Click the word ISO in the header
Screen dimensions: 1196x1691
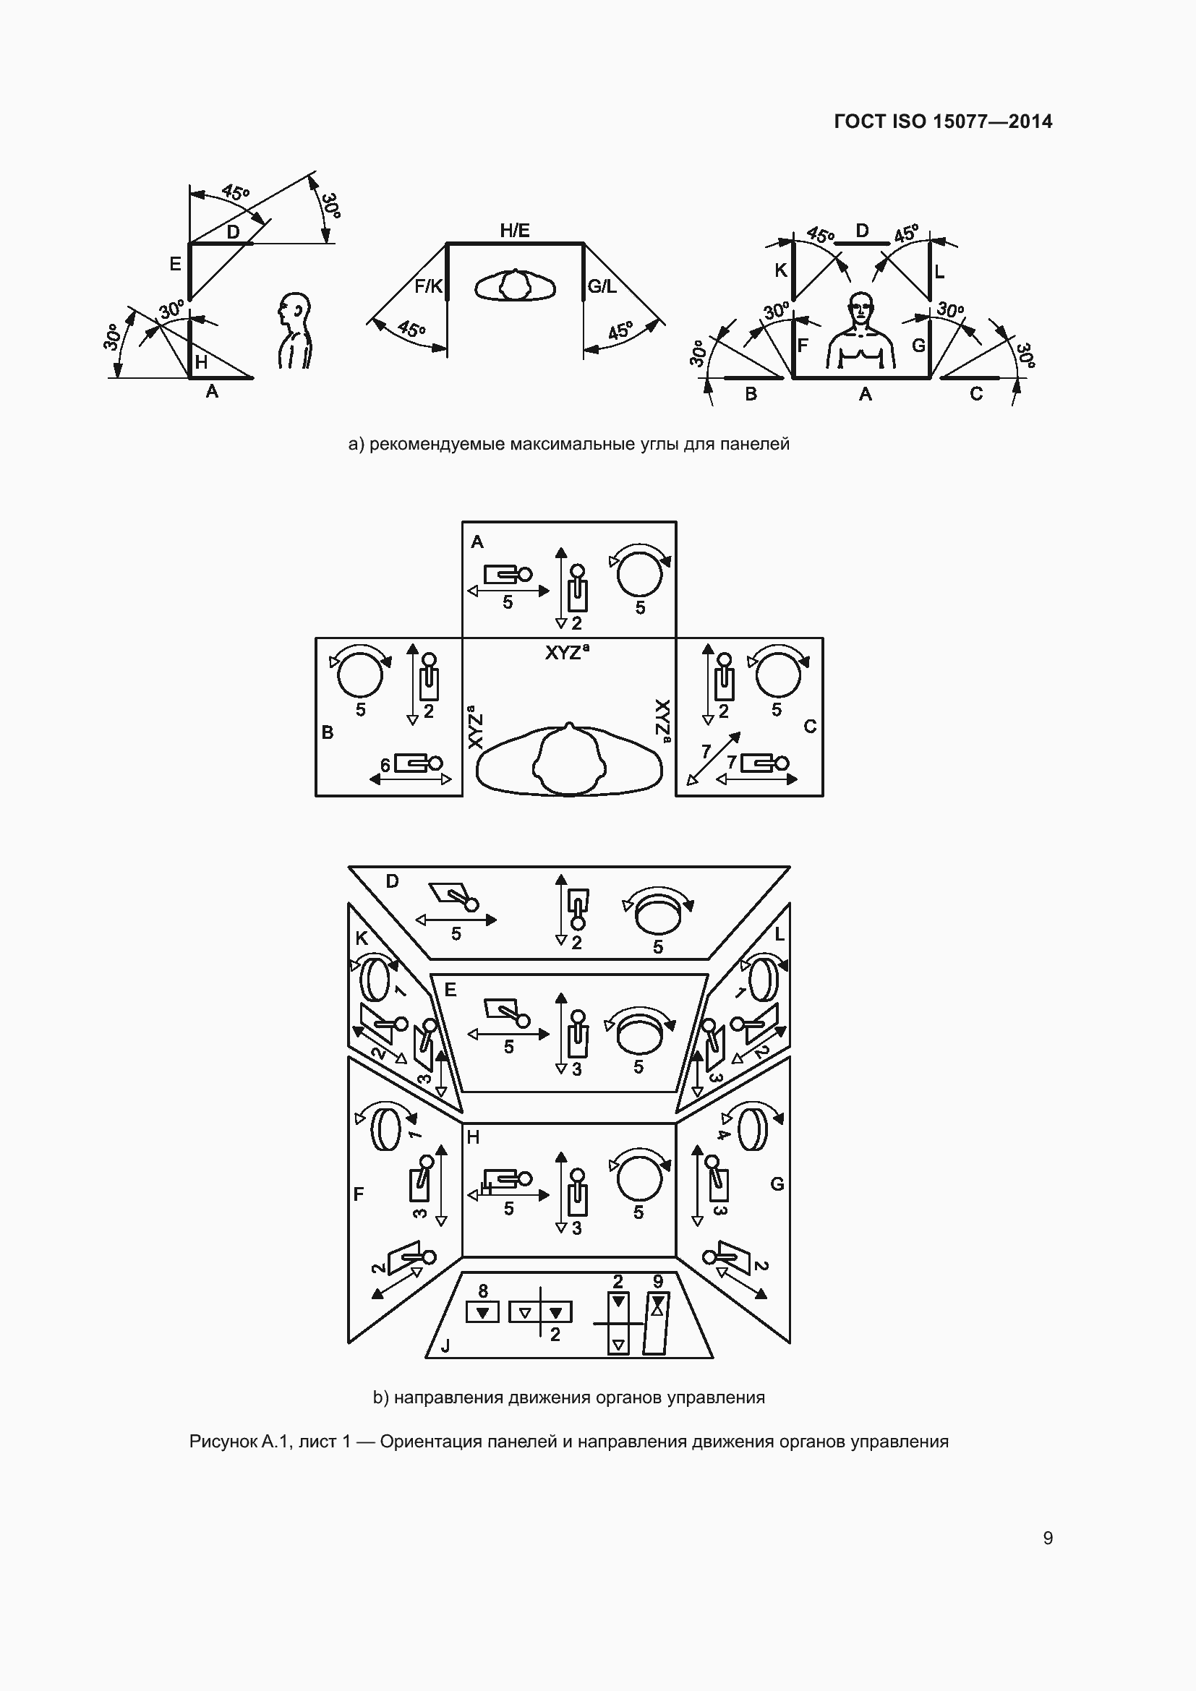(x=909, y=121)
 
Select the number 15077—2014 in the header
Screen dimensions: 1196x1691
(x=993, y=121)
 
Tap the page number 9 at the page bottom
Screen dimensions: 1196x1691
(x=1048, y=1538)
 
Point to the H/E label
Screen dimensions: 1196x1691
(x=515, y=231)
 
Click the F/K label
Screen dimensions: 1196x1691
(x=428, y=286)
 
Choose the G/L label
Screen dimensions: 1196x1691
(x=602, y=286)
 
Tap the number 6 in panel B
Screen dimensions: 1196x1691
(x=385, y=766)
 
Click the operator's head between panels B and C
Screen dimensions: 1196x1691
(x=568, y=761)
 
